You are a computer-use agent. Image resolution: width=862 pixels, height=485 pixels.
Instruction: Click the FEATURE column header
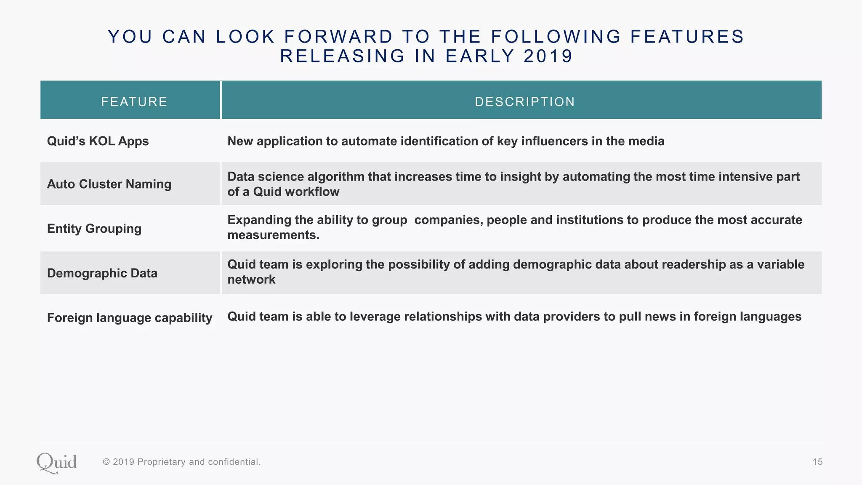pyautogui.click(x=134, y=101)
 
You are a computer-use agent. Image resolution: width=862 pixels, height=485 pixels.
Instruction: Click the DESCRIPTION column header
pyautogui.click(x=524, y=101)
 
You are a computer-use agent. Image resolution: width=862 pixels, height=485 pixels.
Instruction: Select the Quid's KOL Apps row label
pyautogui.click(x=98, y=141)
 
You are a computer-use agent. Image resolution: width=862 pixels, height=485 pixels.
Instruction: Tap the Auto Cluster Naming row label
pyautogui.click(x=109, y=184)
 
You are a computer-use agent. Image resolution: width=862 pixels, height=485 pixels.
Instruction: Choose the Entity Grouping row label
pyautogui.click(x=94, y=229)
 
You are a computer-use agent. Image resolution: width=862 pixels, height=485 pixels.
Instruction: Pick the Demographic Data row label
pyautogui.click(x=102, y=273)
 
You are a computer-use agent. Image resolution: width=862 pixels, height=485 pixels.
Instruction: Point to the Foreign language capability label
pyautogui.click(x=130, y=317)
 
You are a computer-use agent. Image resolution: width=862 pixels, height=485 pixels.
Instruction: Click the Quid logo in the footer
pyautogui.click(x=56, y=463)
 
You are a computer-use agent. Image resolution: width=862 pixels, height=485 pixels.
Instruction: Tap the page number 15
pyautogui.click(x=817, y=462)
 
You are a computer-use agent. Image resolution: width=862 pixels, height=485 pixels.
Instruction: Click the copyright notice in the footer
pyautogui.click(x=182, y=462)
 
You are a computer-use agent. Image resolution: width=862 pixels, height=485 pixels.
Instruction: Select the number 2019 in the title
pyautogui.click(x=548, y=56)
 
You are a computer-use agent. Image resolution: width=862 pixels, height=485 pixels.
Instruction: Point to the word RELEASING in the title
pyautogui.click(x=343, y=56)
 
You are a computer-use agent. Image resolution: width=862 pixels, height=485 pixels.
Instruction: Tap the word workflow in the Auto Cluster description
pyautogui.click(x=312, y=192)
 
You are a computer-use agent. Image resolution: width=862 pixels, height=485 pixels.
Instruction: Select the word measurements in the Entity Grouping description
pyautogui.click(x=273, y=235)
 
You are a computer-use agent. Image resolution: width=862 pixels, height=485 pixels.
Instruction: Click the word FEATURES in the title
pyautogui.click(x=687, y=37)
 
